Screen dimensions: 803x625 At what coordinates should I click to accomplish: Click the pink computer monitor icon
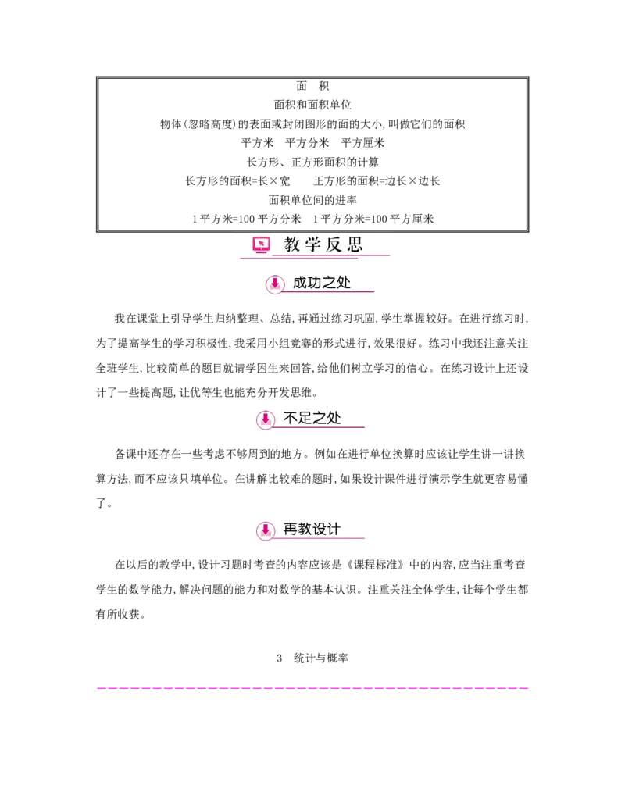[261, 245]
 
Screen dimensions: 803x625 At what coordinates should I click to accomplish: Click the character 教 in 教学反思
[292, 244]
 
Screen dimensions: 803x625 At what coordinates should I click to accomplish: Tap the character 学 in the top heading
[313, 244]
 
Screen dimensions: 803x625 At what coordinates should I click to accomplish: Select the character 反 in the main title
[334, 244]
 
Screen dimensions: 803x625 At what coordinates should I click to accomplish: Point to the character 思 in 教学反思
[355, 244]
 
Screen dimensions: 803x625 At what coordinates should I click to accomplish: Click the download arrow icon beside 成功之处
[274, 284]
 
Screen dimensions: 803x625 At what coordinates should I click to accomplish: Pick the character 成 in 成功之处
[301, 283]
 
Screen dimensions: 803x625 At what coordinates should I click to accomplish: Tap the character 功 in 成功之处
[316, 283]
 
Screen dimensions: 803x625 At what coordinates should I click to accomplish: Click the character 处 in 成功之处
[345, 283]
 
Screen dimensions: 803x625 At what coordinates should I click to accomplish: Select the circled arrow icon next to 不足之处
[266, 419]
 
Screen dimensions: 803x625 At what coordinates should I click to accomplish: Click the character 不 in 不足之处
[290, 418]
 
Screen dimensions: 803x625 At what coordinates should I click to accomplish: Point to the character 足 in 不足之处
[305, 418]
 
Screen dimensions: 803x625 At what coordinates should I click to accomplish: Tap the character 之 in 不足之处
[320, 418]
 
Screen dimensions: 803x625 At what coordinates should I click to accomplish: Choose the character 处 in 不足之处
[334, 418]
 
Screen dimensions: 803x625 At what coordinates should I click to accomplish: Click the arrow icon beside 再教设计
[266, 531]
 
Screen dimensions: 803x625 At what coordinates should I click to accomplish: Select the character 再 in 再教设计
[290, 530]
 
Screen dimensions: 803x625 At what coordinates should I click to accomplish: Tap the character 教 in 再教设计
[305, 530]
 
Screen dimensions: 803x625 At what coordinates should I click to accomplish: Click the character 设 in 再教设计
[320, 530]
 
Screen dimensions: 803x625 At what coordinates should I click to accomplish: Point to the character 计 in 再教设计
[334, 530]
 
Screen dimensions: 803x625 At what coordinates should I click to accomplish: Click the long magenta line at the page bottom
[312, 690]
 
